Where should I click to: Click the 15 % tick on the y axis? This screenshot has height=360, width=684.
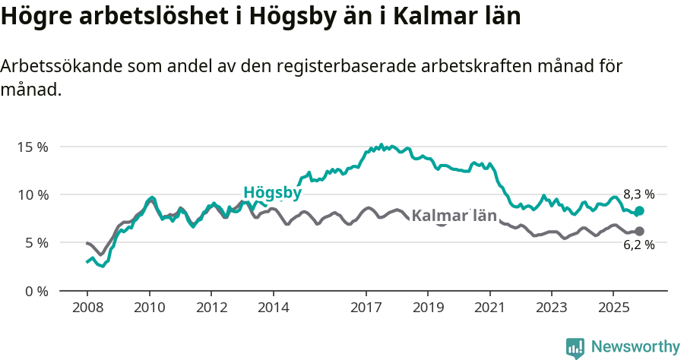pos(32,147)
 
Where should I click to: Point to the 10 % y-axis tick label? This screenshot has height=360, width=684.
pos(32,194)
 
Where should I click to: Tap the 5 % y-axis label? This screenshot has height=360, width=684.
pos(35,243)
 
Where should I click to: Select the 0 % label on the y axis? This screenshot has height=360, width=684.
pos(35,291)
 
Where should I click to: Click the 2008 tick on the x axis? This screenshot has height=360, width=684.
pos(87,308)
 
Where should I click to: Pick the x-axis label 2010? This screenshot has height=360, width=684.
pos(149,308)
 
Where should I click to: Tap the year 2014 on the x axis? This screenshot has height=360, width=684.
pos(274,308)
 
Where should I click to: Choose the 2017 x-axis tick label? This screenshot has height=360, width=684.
pos(366,308)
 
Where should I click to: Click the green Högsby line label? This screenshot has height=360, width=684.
pos(272,193)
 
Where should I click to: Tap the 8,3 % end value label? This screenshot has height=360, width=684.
pos(638,194)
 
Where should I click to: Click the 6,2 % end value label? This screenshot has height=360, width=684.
pos(638,245)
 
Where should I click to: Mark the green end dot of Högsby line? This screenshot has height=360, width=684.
pos(639,210)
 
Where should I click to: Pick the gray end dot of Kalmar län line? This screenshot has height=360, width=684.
pos(639,231)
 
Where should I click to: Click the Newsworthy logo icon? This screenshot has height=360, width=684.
pos(575,347)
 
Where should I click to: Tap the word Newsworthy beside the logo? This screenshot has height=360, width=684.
pos(635,347)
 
